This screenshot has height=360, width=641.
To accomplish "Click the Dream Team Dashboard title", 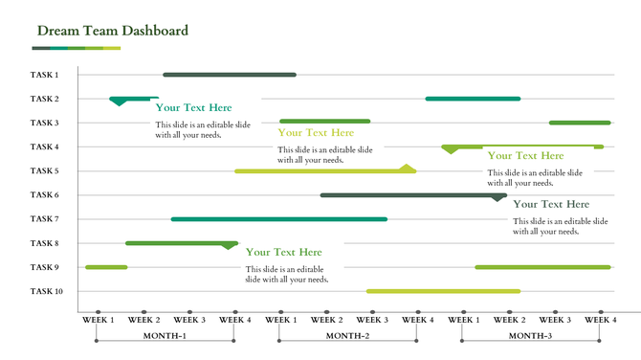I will [x=113, y=31].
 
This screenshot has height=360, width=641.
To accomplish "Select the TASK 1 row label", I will [x=44, y=75].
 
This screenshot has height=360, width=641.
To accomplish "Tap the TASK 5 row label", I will [x=44, y=171].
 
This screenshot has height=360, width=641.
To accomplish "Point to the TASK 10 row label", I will [x=46, y=291].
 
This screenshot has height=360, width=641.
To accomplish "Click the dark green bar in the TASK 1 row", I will [x=230, y=75].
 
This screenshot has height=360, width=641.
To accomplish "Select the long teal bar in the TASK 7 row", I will [x=279, y=219].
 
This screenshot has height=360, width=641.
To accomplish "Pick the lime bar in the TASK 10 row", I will [x=443, y=291].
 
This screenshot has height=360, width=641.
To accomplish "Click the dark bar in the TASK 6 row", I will [x=411, y=195].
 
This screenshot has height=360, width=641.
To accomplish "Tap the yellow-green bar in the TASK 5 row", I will [x=320, y=171].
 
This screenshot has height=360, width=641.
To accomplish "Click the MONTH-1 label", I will [x=165, y=336].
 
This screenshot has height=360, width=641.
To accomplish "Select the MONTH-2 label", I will [x=347, y=336].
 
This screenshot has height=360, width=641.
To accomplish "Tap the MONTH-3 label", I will [x=530, y=336].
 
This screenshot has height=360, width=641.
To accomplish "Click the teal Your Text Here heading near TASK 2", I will [x=194, y=108].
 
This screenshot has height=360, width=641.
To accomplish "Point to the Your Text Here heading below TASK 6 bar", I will [x=551, y=204].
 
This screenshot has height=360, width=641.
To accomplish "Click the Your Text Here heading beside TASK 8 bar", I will [x=284, y=252].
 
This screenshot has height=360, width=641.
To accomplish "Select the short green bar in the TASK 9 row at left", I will [x=106, y=267].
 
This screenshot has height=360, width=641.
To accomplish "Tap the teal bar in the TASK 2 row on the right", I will [x=473, y=99].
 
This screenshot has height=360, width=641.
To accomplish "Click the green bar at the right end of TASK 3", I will [x=580, y=123].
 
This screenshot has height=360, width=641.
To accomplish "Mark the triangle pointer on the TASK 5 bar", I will [x=408, y=168].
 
